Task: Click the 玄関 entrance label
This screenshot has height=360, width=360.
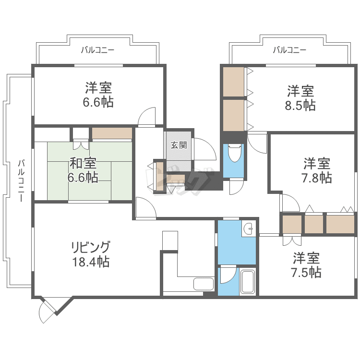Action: pyautogui.click(x=179, y=144)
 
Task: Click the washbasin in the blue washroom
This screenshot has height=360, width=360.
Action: pyautogui.click(x=248, y=229)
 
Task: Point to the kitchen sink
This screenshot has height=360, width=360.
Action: pyautogui.click(x=204, y=283)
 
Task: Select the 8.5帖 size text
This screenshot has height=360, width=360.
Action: pyautogui.click(x=300, y=106)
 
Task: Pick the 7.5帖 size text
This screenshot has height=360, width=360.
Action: pyautogui.click(x=306, y=273)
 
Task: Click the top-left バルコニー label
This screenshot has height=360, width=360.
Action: pyautogui.click(x=97, y=49)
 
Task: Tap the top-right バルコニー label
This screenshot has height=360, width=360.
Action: pyautogui.click(x=289, y=49)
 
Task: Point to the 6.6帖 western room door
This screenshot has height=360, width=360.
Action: pyautogui.click(x=147, y=117)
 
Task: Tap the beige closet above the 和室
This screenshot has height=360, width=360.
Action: pyautogui.click(x=112, y=133)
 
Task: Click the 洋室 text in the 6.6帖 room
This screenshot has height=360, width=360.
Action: pyautogui.click(x=99, y=88)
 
